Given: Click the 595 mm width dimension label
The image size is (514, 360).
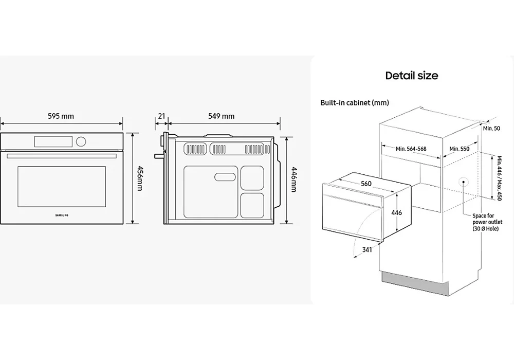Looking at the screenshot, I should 61,116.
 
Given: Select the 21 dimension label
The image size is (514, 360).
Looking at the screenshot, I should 161,116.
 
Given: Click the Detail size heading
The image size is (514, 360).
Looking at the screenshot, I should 412,76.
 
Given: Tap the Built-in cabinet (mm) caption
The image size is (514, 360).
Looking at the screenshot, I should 355,103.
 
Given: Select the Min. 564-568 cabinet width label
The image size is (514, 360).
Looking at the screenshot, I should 411,149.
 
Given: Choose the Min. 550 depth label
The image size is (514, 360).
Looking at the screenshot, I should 460,149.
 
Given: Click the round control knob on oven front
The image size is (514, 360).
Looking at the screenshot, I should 81,141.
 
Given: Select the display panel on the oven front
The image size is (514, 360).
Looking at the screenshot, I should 53,140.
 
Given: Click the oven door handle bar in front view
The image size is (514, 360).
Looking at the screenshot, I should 61,155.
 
